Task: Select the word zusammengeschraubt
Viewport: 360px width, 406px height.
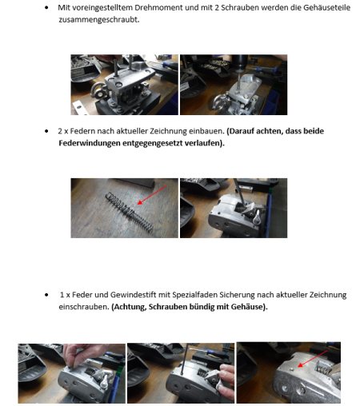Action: pos(99,20)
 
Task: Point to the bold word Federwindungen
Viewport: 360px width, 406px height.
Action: pos(90,143)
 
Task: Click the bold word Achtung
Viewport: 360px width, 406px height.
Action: pos(129,307)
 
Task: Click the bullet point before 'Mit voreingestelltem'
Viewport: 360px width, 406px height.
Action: pos(46,8)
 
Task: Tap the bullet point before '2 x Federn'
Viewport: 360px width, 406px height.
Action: pos(46,131)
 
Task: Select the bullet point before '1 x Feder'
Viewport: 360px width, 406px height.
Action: pos(46,295)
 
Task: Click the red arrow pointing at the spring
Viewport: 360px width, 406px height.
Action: pos(152,195)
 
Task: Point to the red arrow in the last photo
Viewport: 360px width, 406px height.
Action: pos(313,359)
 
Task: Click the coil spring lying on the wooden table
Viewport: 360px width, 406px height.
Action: pos(130,211)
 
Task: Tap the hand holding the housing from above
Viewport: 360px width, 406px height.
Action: pos(78,354)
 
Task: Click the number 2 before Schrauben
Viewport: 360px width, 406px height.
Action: pos(217,7)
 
